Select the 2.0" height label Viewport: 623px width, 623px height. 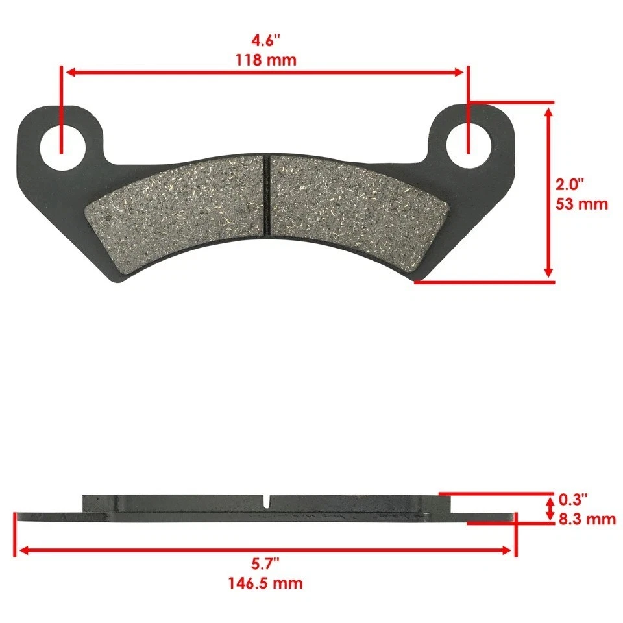(x=571, y=184)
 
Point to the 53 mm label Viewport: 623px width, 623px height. (x=582, y=204)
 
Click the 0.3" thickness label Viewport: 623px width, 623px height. (x=573, y=500)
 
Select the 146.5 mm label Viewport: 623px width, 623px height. (x=265, y=583)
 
